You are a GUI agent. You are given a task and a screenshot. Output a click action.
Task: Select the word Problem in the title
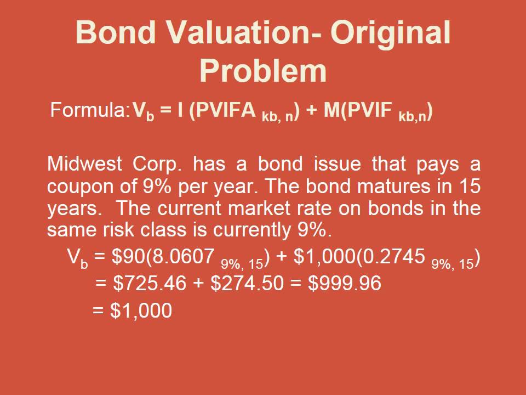click(263, 70)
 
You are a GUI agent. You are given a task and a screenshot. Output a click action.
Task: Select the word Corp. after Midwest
click(157, 163)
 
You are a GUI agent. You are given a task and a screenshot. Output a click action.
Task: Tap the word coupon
click(81, 187)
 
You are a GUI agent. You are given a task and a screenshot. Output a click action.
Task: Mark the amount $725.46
click(144, 284)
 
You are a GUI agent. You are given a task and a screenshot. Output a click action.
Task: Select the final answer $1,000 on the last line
click(141, 311)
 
